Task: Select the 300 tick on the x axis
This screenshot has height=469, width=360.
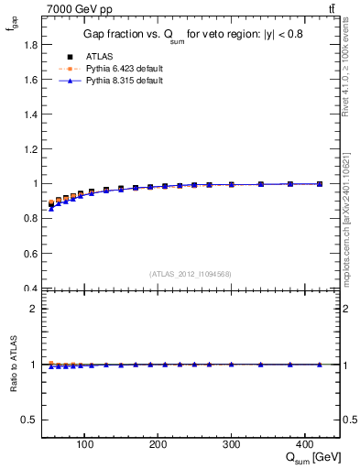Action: [x=232, y=444]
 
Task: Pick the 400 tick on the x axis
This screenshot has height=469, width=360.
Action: [x=305, y=444]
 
